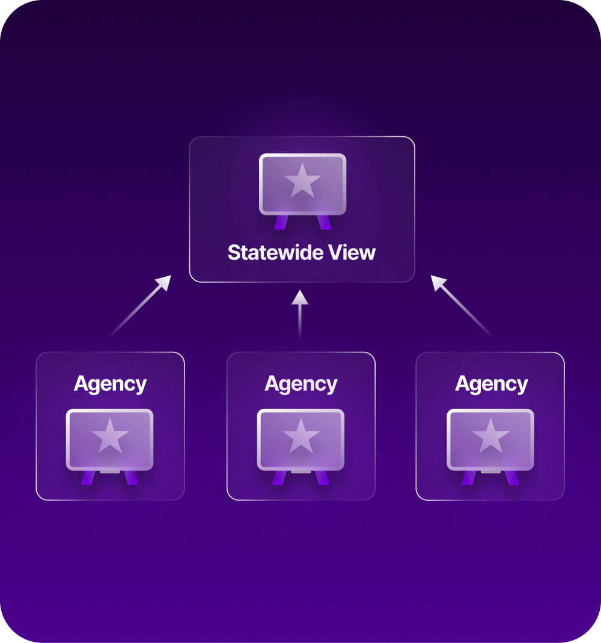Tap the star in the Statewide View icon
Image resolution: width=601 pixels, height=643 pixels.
[302, 181]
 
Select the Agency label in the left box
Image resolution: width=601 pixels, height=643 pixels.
[110, 384]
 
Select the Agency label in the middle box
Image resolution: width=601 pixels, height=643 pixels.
[301, 384]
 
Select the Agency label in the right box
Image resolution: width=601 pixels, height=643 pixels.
[492, 384]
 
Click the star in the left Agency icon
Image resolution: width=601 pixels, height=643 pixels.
[109, 436]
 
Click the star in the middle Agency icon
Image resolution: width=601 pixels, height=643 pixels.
[300, 436]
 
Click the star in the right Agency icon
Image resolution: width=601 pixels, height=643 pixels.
[490, 436]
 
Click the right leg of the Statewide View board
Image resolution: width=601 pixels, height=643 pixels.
[325, 222]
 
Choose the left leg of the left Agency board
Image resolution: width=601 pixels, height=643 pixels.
[88, 478]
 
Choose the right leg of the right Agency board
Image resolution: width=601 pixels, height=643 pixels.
[512, 478]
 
